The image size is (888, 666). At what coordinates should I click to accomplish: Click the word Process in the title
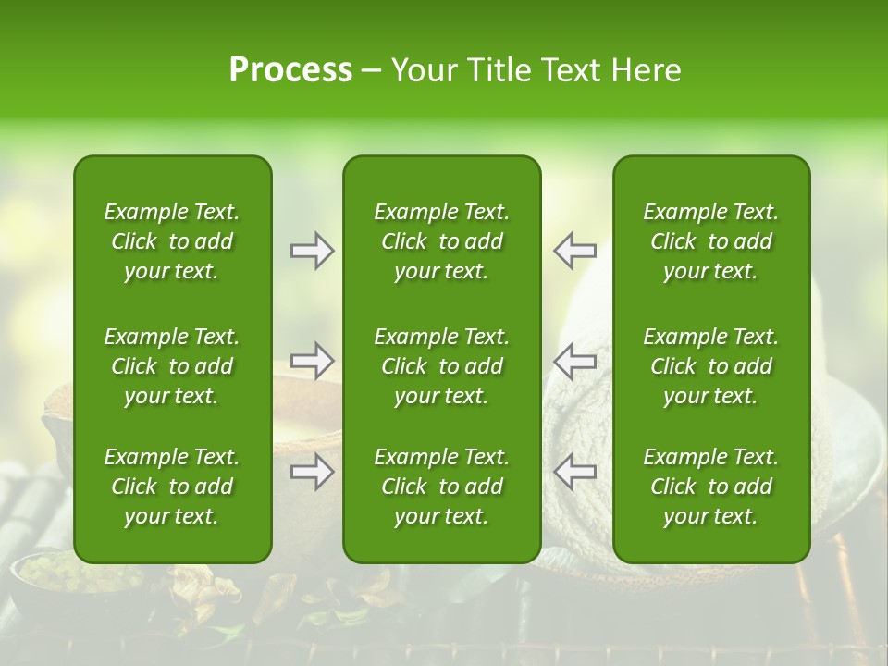tap(290, 70)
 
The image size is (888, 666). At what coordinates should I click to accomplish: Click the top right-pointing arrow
tap(312, 250)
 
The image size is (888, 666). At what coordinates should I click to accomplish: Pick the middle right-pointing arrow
tap(312, 360)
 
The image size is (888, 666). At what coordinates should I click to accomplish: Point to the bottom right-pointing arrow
tap(312, 472)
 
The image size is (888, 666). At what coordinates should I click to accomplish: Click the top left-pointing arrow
tap(574, 250)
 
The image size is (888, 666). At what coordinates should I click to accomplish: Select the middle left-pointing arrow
tap(574, 360)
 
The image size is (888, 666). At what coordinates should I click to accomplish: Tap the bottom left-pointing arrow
tap(574, 472)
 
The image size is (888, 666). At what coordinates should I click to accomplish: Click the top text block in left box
tap(172, 241)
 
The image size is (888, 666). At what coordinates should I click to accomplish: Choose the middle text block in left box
tap(172, 366)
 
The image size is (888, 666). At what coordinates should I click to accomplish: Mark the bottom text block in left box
tap(172, 487)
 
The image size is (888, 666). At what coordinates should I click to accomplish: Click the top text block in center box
tap(441, 241)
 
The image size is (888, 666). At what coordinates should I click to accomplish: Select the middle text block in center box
tap(441, 366)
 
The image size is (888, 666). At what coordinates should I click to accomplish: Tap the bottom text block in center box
tap(441, 487)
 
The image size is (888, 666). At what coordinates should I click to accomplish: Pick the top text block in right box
tap(710, 241)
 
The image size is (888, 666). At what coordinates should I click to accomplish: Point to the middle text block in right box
tap(710, 366)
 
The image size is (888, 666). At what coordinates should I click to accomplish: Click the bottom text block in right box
tap(710, 487)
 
